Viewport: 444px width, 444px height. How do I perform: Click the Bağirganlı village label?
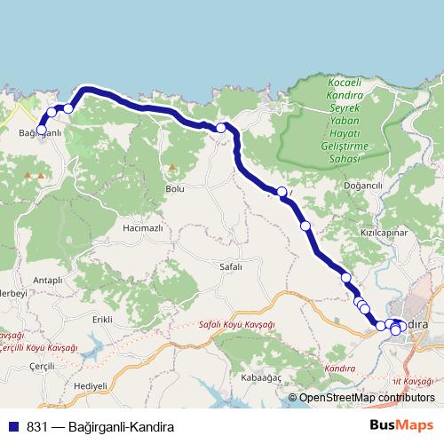click(38, 134)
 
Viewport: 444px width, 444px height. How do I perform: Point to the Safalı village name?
click(230, 266)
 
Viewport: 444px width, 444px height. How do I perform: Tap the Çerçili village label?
click(42, 366)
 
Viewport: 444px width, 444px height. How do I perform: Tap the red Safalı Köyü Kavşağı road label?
click(237, 325)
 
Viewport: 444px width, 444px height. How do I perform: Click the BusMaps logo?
click(402, 424)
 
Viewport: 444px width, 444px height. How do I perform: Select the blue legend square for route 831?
click(12, 425)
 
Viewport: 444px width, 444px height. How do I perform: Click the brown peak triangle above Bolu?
click(170, 166)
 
